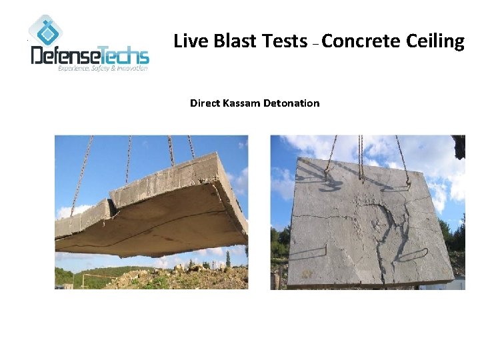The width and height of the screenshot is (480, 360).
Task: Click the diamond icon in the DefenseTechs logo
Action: tap(45, 30)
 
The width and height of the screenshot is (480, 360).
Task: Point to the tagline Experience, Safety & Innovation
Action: tap(103, 69)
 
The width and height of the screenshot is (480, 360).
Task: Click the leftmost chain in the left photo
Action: tap(81, 173)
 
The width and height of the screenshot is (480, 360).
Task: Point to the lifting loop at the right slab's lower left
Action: tap(307, 251)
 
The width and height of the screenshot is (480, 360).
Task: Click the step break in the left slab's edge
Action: tap(110, 200)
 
